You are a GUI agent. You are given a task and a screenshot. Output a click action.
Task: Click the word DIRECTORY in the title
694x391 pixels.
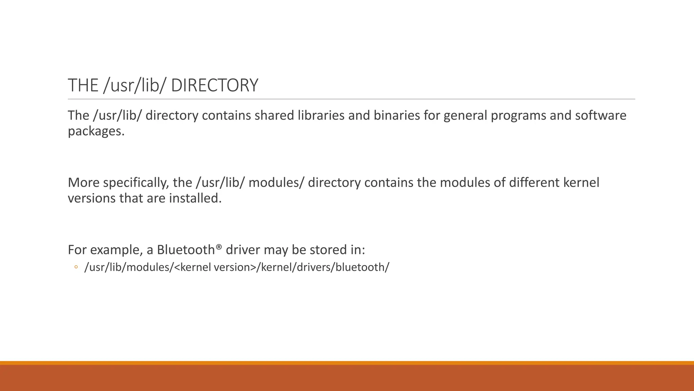[x=215, y=85]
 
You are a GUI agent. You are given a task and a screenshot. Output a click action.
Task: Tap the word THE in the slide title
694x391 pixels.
[x=83, y=85]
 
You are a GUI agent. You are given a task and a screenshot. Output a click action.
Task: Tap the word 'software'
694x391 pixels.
[x=601, y=115]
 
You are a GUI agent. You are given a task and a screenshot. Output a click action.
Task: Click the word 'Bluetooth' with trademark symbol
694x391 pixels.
[x=186, y=250]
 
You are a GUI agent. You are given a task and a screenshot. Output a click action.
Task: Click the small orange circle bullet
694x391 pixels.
[x=76, y=267]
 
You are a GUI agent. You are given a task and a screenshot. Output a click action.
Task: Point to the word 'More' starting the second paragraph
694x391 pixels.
[x=84, y=183]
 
